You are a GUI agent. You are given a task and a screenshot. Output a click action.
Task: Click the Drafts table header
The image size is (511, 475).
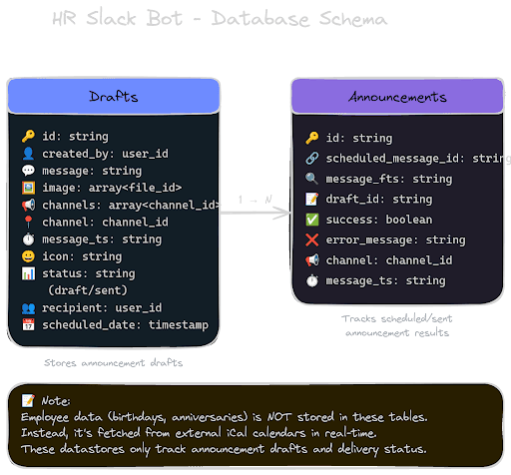(x=114, y=96)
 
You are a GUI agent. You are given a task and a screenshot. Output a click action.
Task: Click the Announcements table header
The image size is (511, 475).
(x=397, y=98)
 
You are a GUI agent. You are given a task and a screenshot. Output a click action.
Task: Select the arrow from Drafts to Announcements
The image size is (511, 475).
(x=255, y=212)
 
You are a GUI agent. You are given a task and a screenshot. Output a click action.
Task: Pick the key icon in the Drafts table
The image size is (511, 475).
(x=28, y=136)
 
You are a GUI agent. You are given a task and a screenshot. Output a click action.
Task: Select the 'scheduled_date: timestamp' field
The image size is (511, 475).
(x=119, y=324)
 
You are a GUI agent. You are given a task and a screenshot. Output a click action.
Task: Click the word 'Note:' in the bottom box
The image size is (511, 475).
(x=55, y=399)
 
